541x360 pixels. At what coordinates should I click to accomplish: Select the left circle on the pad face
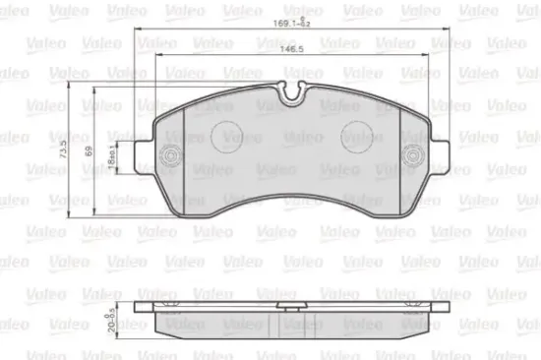pos(230,136)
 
